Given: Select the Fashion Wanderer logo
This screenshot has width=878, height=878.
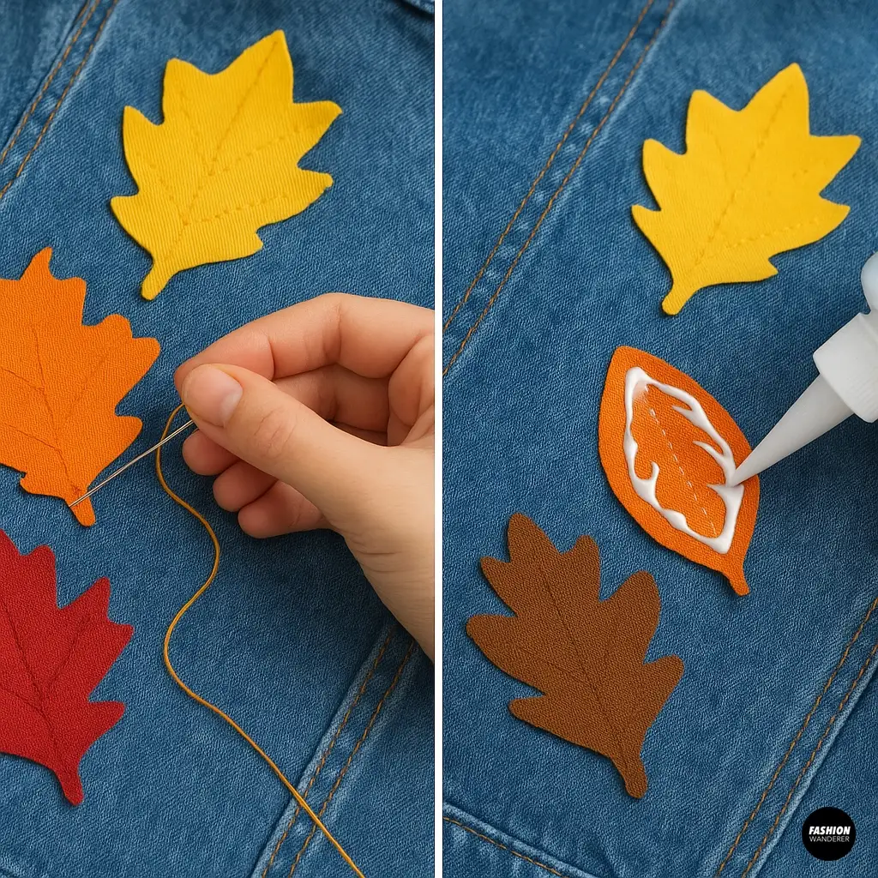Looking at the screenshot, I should click(x=828, y=833).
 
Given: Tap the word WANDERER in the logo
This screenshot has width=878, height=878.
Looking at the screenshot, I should click(x=828, y=840).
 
